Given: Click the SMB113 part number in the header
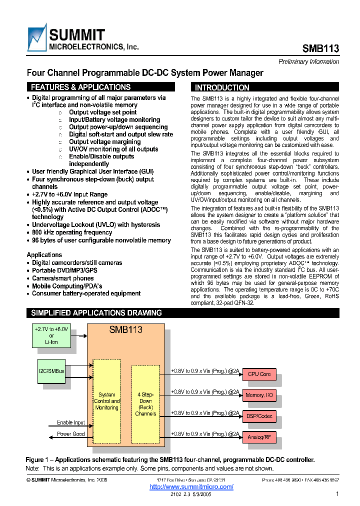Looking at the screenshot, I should pyautogui.click(x=320, y=48).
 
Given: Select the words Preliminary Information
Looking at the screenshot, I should pyautogui.click(x=308, y=61).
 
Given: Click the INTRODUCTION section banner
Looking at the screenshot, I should pyautogui.click(x=265, y=87).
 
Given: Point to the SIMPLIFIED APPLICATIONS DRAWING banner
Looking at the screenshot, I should pyautogui.click(x=182, y=313).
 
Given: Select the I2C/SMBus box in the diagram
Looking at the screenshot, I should pyautogui.click(x=51, y=371).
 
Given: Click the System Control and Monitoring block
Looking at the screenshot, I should pyautogui.click(x=107, y=401).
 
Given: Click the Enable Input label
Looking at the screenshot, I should pyautogui.click(x=70, y=422).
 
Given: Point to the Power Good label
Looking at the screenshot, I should pyautogui.click(x=70, y=434).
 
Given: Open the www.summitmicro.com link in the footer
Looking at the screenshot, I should pyautogui.click(x=191, y=486).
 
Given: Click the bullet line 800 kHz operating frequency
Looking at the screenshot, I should pyautogui.click(x=72, y=232).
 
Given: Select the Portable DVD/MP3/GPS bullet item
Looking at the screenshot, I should pyautogui.click(x=64, y=270).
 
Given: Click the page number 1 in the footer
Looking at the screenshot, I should pyautogui.click(x=337, y=494).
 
